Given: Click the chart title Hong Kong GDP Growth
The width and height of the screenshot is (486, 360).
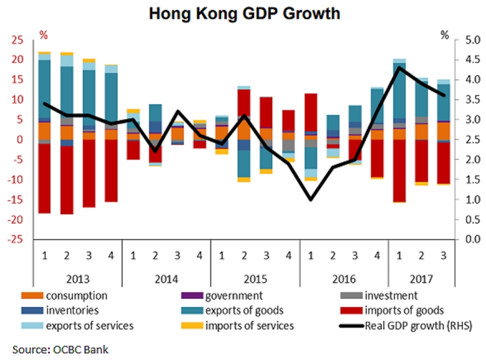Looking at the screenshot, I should click(244, 13).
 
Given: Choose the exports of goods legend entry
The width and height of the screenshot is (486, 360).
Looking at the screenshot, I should click(244, 311).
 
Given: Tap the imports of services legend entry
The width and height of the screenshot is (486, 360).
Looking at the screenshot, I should click(249, 325).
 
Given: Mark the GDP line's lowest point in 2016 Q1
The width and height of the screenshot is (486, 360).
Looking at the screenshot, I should click(311, 199).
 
